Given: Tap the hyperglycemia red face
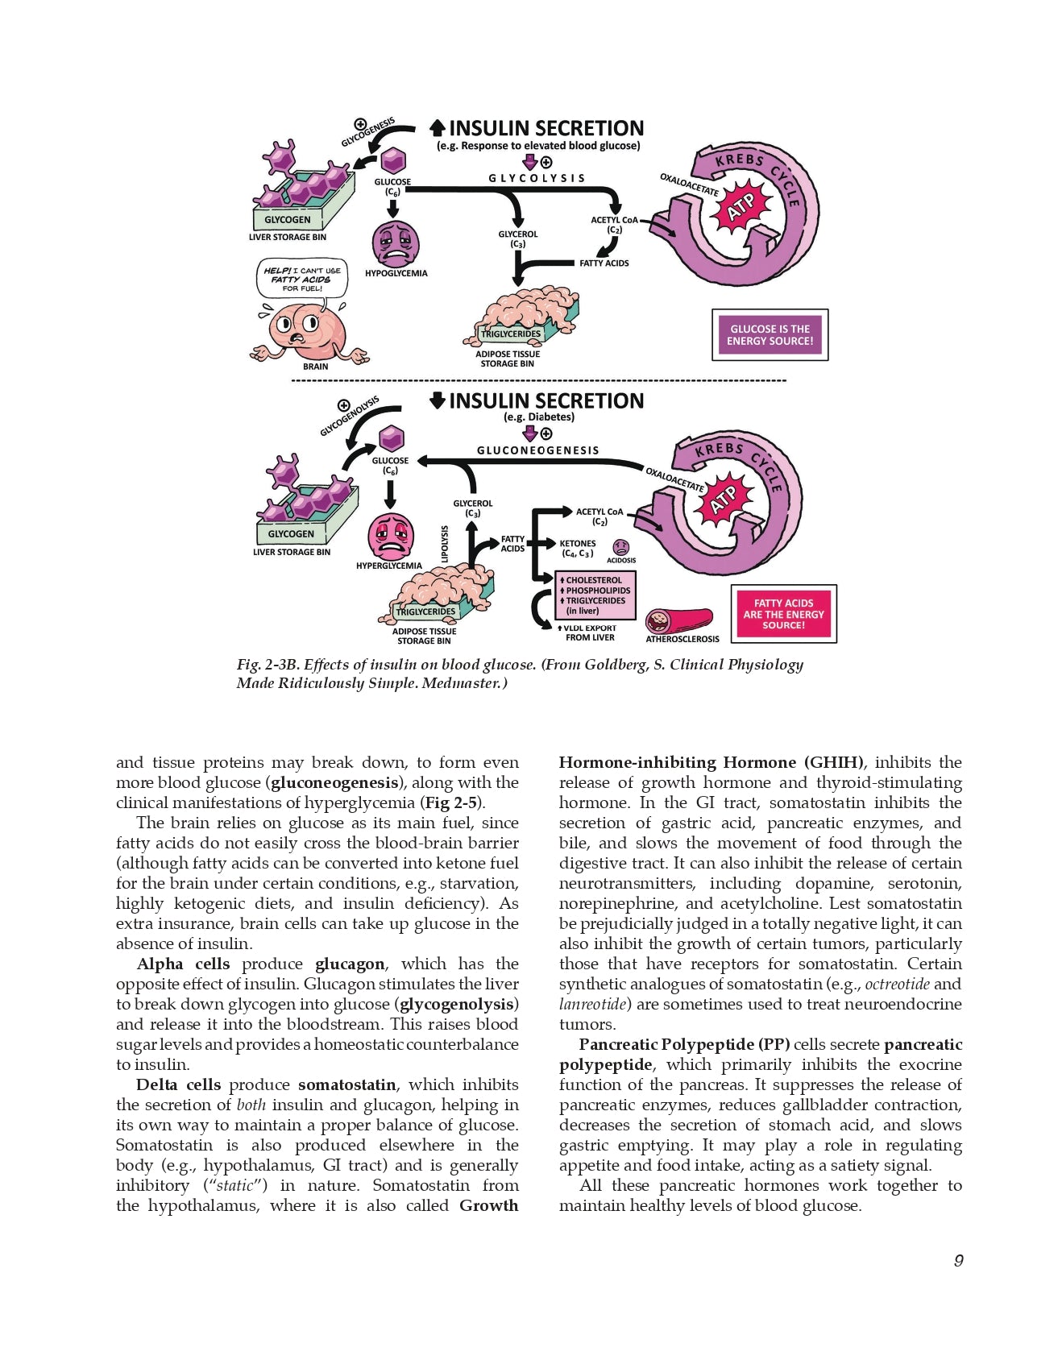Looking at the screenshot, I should [391, 536].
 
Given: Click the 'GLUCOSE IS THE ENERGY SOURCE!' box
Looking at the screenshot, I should [770, 334].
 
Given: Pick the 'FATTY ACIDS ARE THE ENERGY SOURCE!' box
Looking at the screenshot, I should [783, 614].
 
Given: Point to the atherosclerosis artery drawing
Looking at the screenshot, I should [678, 620].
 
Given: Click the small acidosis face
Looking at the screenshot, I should [621, 547].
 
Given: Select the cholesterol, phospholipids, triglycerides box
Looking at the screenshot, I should [596, 595].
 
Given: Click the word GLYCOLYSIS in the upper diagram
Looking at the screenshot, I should [537, 178].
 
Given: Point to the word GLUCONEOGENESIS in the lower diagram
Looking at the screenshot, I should [537, 450].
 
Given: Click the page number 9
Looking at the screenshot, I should [958, 1260].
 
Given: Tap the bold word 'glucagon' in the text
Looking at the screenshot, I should [350, 964].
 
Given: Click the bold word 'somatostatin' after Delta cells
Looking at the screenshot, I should [346, 1085].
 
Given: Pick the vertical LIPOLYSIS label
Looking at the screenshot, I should [444, 544].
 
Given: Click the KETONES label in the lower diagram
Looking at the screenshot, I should [578, 544].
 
